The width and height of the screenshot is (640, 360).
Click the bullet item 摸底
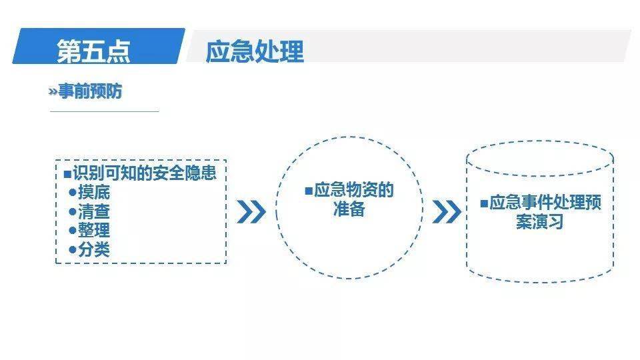pos(94,193)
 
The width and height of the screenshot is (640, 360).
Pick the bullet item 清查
pos(94,212)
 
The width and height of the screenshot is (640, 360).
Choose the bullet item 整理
pos(94,231)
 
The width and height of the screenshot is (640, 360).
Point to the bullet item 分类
pos(94,249)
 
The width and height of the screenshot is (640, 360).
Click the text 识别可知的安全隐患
pos(145,173)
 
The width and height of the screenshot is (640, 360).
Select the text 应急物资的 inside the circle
pos(354,191)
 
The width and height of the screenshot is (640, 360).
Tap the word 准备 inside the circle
pos(349,209)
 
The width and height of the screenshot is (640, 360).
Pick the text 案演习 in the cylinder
pos(539,221)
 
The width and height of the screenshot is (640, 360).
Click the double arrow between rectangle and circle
pos(251,212)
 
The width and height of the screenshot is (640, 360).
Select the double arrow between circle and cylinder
pos(446,212)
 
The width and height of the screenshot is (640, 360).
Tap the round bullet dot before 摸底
pos(73,193)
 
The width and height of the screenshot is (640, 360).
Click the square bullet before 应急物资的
pos(308,191)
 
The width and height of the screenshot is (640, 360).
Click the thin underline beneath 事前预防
pos(105,111)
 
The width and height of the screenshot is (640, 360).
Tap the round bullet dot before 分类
pos(73,249)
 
